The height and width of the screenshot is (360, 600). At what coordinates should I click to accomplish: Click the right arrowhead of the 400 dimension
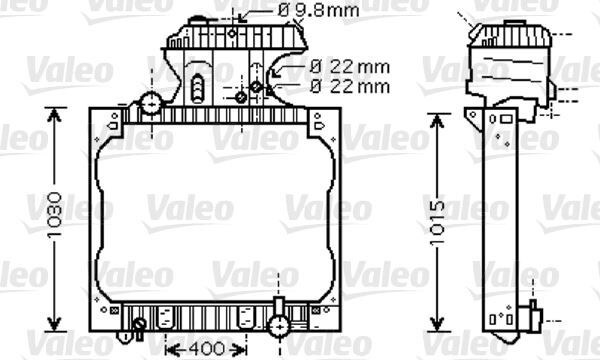[245, 349]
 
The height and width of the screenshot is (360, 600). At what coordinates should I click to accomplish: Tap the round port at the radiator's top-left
[151, 103]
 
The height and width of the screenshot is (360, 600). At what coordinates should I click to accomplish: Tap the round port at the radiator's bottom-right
[279, 322]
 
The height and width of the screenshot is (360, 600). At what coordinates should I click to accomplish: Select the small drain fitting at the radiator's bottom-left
[139, 324]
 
